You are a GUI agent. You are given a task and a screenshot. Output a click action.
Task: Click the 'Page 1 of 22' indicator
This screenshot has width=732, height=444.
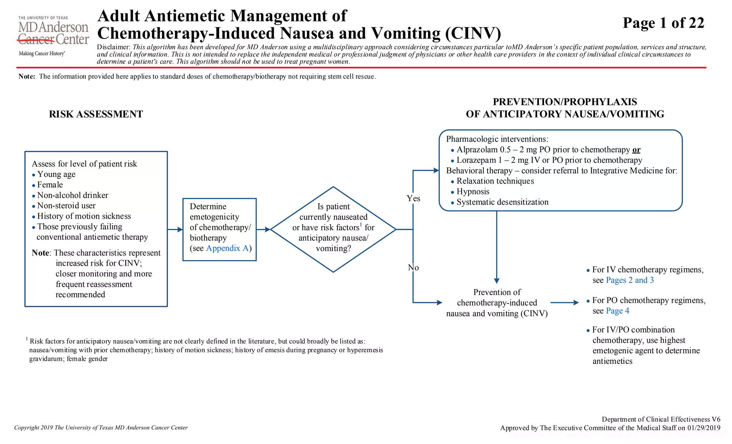click(x=663, y=23)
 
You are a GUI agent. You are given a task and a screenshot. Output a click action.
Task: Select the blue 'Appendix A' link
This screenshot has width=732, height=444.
click(x=227, y=248)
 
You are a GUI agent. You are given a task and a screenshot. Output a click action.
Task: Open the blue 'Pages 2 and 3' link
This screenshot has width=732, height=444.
click(x=630, y=280)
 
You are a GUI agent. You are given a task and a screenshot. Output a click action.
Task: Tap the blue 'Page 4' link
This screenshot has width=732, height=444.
click(x=618, y=311)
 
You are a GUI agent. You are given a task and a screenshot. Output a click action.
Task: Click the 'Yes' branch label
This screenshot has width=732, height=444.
click(x=413, y=199)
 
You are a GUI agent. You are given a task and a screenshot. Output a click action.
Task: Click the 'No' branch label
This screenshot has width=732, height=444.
click(x=413, y=268)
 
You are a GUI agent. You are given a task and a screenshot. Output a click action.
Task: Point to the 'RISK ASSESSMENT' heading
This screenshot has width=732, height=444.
click(x=96, y=114)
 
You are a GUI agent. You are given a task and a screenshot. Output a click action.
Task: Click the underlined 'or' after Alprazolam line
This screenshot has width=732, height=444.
click(x=636, y=150)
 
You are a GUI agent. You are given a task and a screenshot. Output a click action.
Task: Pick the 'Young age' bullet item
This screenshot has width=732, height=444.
click(x=56, y=174)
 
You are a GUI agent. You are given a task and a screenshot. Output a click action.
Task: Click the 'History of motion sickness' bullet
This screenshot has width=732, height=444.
click(x=84, y=216)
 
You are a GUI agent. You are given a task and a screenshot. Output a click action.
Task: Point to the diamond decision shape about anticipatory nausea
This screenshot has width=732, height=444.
click(x=333, y=229)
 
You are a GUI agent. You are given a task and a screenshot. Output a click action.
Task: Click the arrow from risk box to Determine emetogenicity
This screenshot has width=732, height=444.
click(x=175, y=229)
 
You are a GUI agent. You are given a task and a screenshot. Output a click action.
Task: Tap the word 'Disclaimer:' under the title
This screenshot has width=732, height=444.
click(x=114, y=47)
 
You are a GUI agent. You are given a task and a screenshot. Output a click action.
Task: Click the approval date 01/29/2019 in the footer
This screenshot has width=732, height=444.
click(x=703, y=428)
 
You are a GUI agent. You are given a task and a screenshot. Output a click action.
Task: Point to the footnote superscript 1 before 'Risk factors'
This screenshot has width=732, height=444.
click(x=27, y=339)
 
